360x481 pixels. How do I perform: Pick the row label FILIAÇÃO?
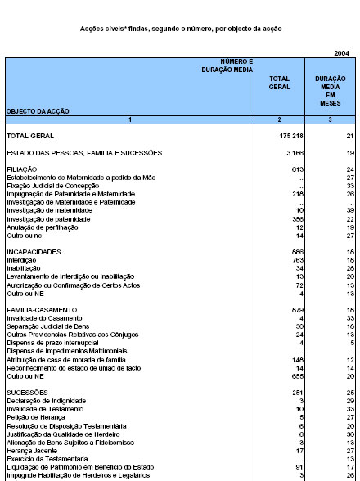[x=21, y=169]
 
